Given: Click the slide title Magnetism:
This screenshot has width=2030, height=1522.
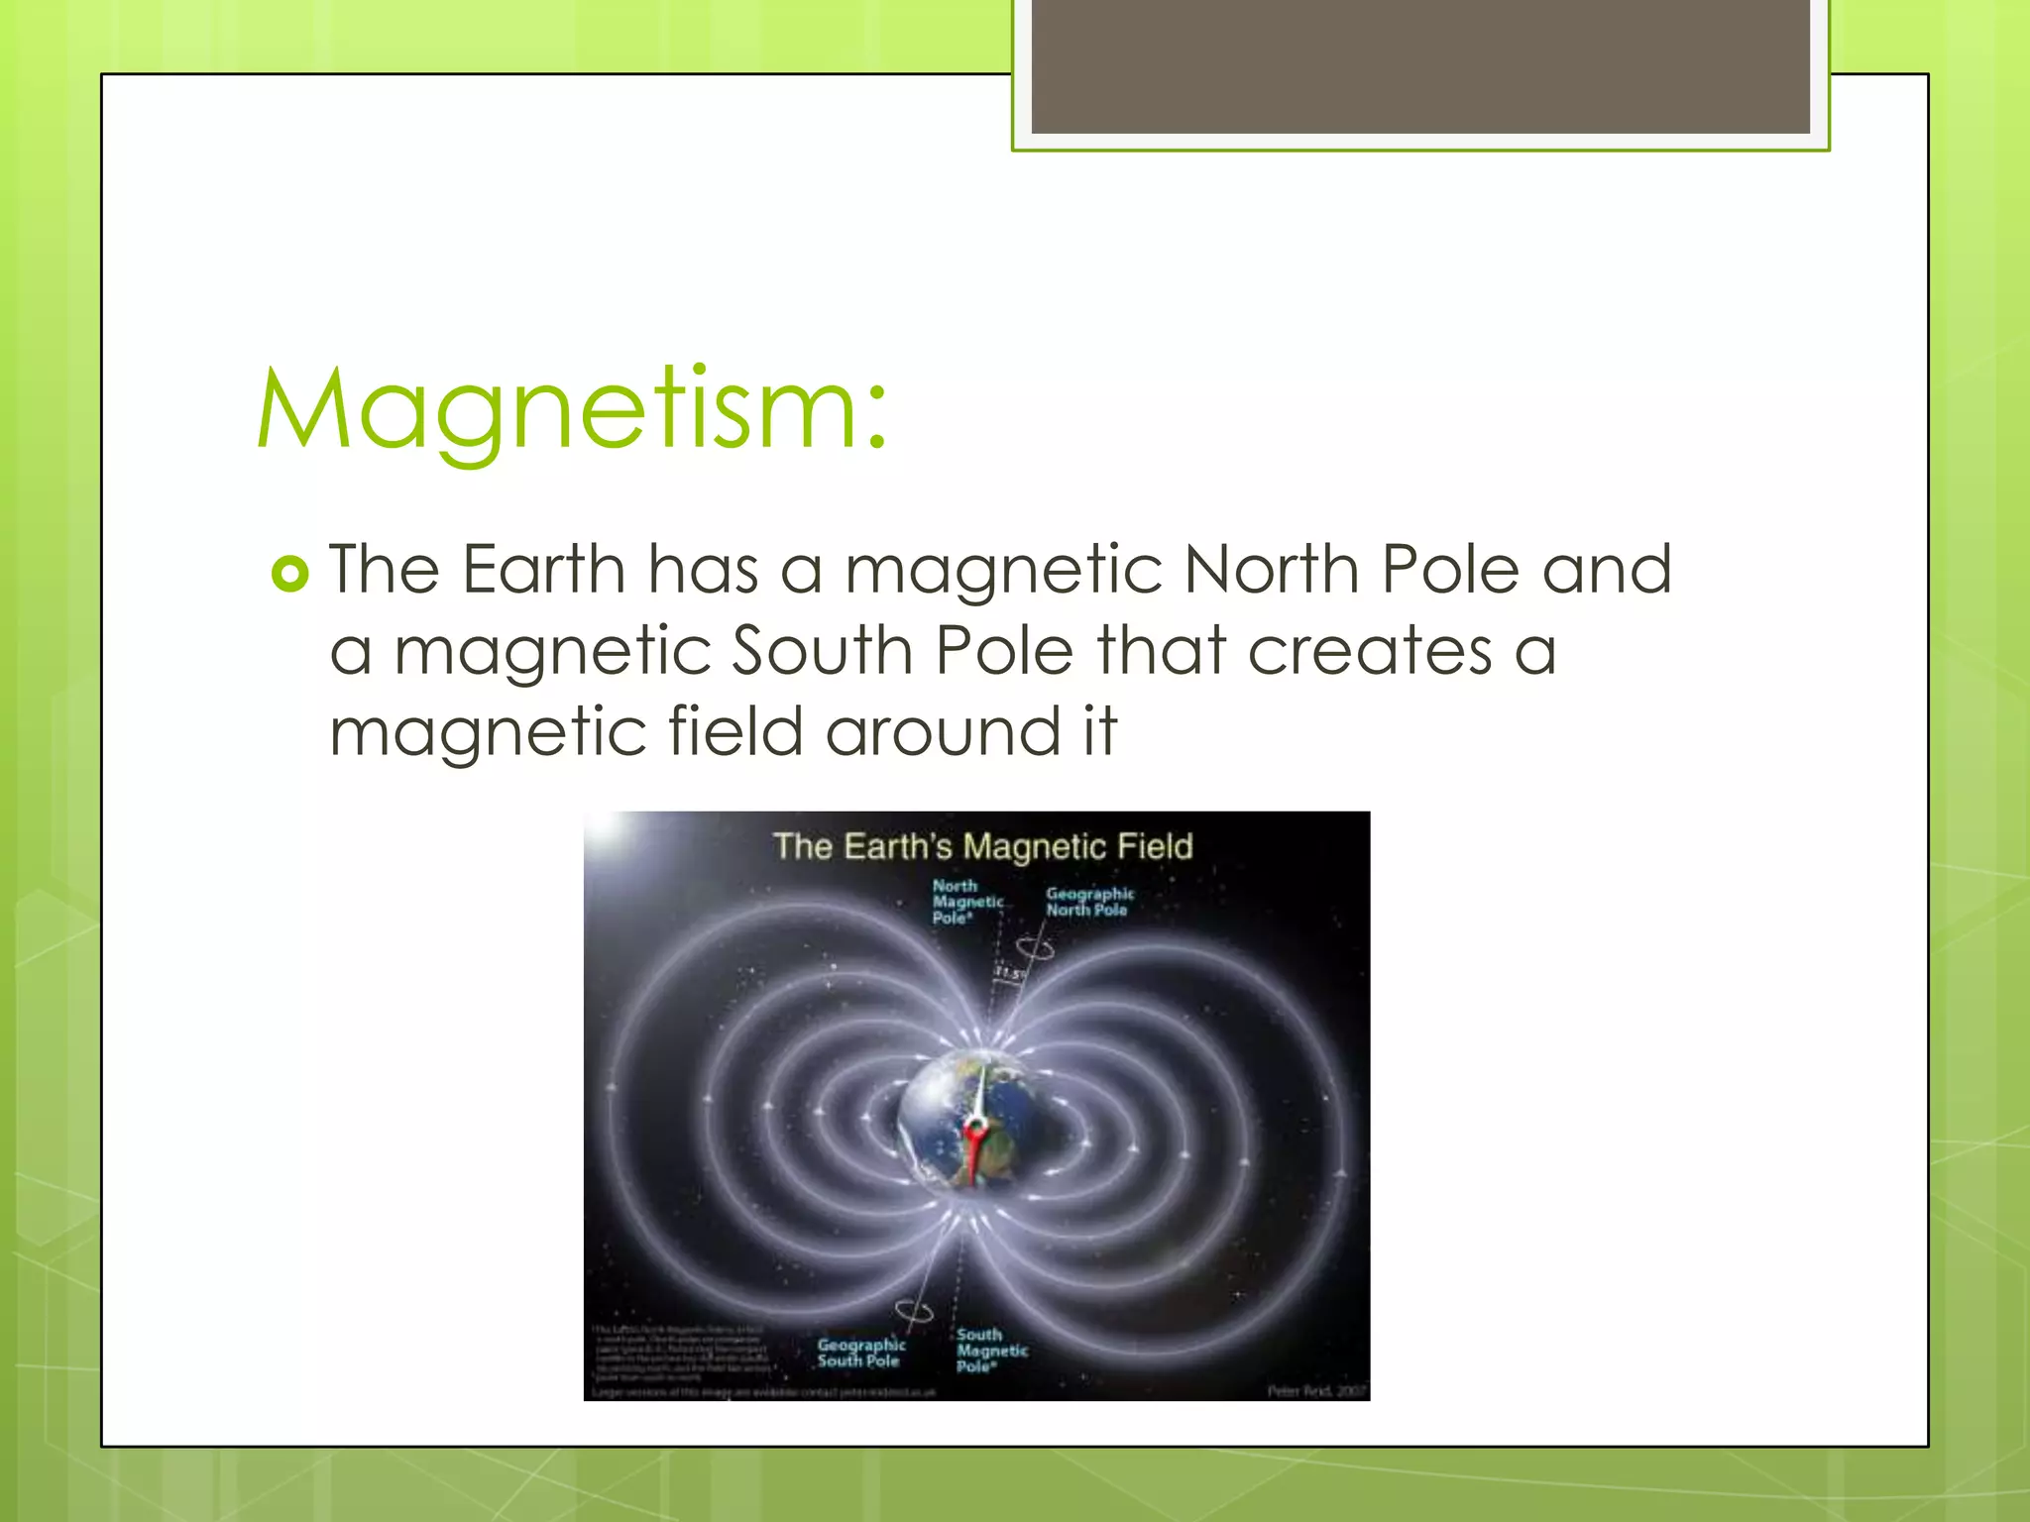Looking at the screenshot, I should [x=572, y=410].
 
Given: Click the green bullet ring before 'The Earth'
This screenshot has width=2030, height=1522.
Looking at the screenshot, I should [x=290, y=574].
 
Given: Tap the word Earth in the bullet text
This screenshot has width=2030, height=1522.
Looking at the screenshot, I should [x=543, y=570].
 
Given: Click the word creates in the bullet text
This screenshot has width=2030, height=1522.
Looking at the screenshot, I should [x=1370, y=651].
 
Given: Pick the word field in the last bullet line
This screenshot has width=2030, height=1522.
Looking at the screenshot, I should [x=734, y=732].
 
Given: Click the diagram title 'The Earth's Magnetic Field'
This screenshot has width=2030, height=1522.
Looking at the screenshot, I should [x=982, y=846].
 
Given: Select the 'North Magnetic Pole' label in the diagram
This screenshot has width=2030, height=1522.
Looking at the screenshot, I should [x=965, y=902].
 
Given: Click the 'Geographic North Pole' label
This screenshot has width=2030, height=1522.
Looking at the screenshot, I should [x=1088, y=902].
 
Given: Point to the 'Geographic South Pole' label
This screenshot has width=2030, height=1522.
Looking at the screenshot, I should [x=860, y=1353].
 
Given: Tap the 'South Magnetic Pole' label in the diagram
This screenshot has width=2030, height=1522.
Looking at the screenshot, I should [x=990, y=1351].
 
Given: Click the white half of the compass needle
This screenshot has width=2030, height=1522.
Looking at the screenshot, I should [x=980, y=1091].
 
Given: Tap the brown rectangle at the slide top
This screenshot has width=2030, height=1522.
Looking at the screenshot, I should [x=1420, y=66].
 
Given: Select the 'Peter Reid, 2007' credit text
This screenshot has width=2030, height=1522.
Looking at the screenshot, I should [x=1316, y=1391].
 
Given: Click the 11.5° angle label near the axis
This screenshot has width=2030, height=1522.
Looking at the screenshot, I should [x=1007, y=974].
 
